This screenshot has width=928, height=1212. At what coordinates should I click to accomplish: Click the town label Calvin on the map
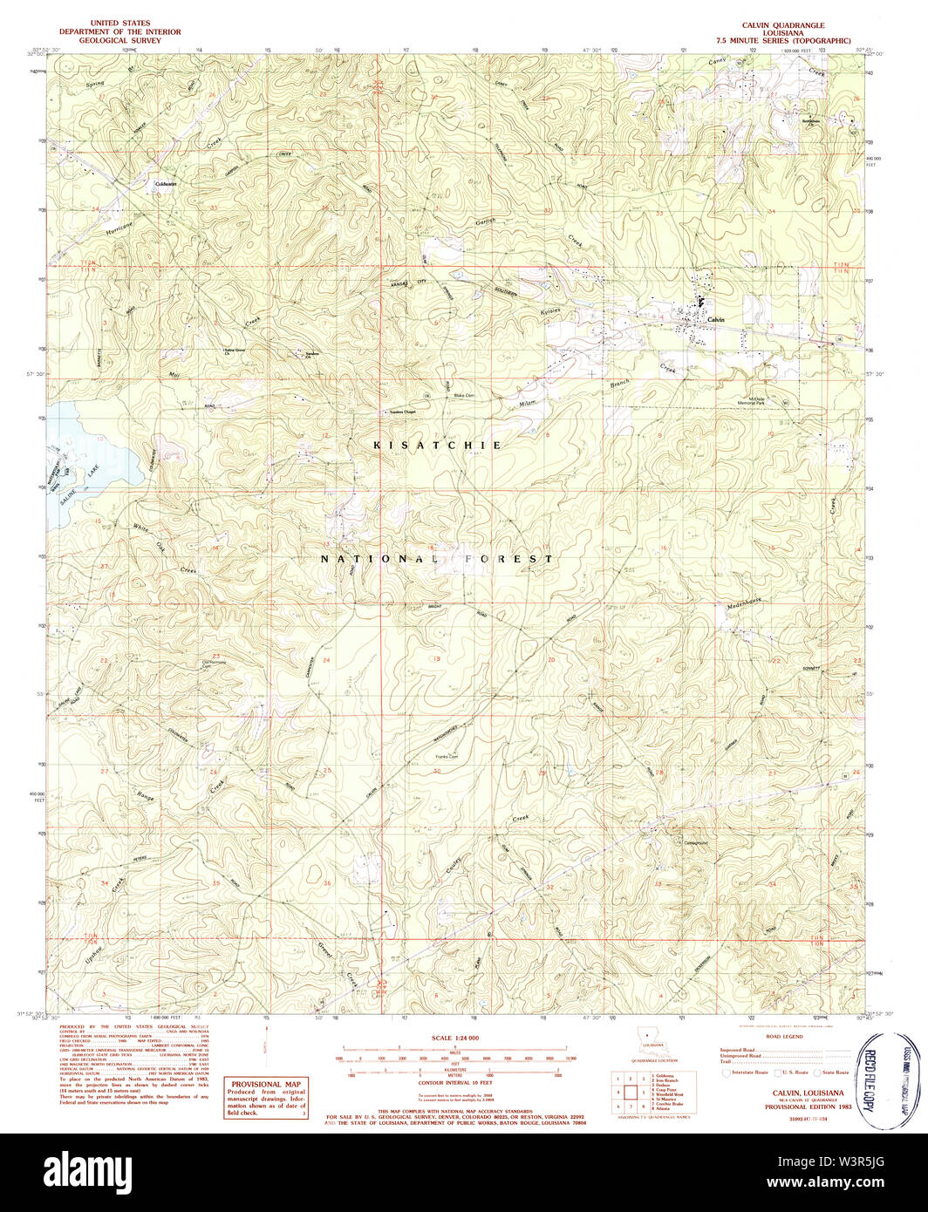click(717, 320)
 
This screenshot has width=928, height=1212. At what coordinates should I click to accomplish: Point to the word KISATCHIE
click(438, 446)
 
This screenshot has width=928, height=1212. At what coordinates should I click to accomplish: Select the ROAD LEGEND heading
click(785, 1038)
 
